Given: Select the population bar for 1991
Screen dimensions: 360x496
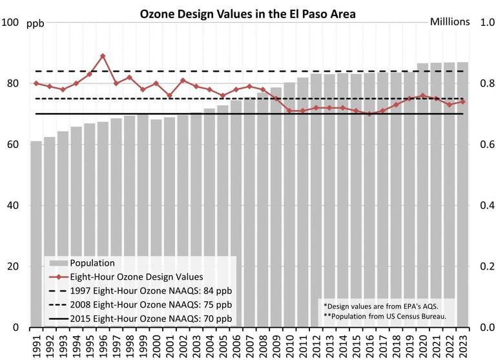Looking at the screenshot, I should pos(36,233).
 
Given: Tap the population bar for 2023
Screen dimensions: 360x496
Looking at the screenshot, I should pos(463,194).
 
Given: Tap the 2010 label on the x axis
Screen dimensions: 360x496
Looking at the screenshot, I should pos(290,344).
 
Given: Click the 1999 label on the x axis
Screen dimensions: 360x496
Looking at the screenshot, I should pos(143,344).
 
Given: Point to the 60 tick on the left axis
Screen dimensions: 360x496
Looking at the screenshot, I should pos(14,145).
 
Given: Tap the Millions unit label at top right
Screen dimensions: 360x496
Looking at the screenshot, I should pos(449,21).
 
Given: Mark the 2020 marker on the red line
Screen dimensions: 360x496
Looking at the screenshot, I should pos(423,96).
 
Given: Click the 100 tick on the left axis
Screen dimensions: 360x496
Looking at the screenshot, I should pos(12,23).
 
